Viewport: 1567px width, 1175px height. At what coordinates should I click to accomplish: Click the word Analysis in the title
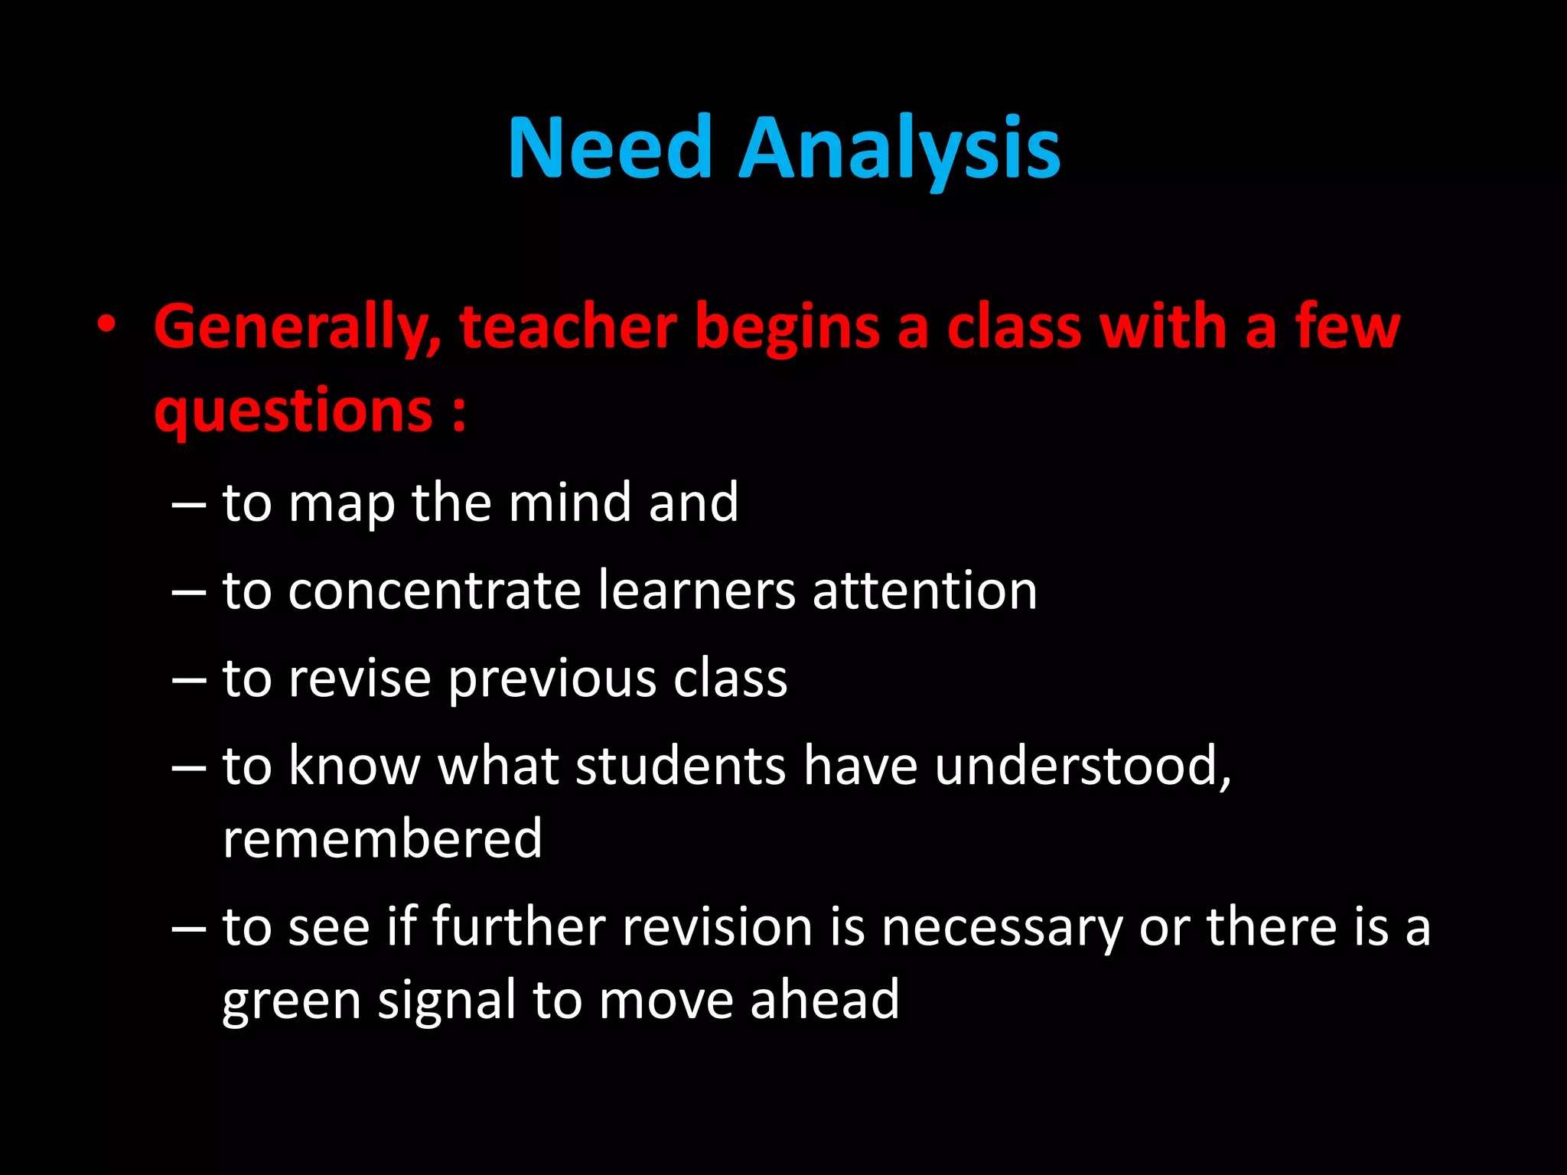(x=900, y=149)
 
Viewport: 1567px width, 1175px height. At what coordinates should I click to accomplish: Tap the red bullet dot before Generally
(x=107, y=326)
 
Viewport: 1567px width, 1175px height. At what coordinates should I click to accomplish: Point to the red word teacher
(x=568, y=327)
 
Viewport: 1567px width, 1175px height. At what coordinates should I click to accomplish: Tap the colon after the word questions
(x=458, y=414)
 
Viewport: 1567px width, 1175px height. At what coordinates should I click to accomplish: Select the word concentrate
(x=434, y=591)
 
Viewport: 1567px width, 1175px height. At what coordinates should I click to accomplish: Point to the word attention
(x=924, y=591)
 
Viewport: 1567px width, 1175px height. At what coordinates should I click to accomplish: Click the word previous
(x=552, y=680)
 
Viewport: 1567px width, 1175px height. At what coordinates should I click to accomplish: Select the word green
(x=292, y=1001)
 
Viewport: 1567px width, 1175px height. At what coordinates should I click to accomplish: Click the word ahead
(x=824, y=1000)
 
